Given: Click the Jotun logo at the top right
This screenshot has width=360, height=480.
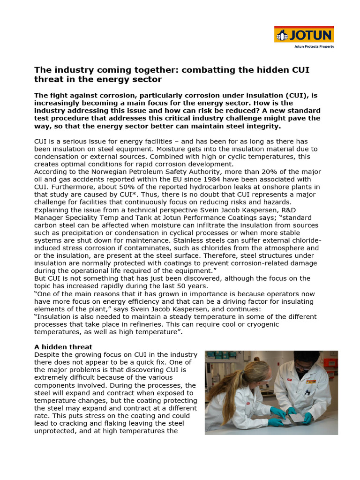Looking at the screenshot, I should click(303, 35).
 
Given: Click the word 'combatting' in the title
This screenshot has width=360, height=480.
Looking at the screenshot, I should click(205, 69).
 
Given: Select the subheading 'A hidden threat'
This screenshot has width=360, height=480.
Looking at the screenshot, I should click(63, 347).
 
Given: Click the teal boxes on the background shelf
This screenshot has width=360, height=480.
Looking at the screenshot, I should click(220, 355).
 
